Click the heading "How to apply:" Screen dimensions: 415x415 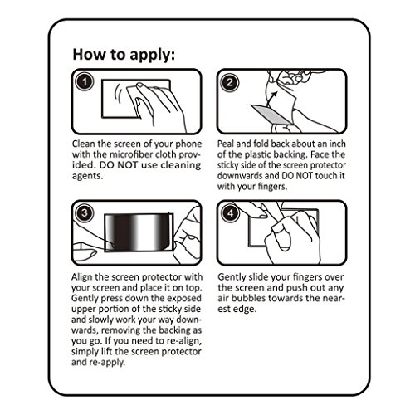[124, 55]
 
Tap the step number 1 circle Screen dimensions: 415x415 [85, 82]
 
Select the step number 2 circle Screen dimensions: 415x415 [230, 82]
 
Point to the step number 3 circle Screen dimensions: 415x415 [85, 213]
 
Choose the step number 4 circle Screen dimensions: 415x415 [230, 213]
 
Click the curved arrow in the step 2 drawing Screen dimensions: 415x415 [272, 98]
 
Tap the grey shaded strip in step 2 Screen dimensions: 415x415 [271, 114]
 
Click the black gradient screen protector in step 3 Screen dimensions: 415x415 [139, 232]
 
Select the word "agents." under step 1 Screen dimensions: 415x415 [87, 176]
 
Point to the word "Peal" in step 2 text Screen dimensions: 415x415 [226, 144]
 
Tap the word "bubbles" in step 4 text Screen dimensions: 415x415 [249, 299]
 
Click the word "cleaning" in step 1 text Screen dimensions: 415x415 [181, 165]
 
